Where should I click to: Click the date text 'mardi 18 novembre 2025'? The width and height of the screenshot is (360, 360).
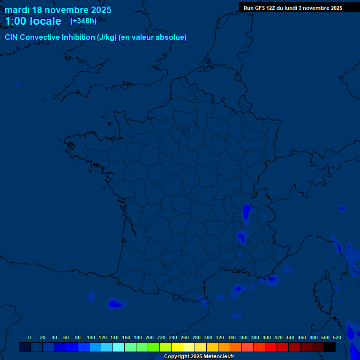pos(58,10)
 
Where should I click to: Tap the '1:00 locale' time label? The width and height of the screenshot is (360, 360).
pos(33,21)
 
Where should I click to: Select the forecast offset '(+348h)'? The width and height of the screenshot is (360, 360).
pos(83,21)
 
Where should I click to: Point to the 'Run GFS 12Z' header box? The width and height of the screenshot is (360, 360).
pos(292,8)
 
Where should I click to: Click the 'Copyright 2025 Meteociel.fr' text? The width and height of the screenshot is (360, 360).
pos(199,356)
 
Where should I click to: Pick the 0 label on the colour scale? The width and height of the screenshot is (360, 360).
pos(30,337)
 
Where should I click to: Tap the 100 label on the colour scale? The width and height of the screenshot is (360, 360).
pos(90,337)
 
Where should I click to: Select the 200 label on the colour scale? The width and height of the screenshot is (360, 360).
pos(149,337)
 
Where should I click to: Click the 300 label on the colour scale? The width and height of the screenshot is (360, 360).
pos(208,337)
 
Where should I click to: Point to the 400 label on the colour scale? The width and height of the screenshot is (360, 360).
pos(266,337)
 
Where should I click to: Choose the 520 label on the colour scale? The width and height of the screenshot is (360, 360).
pos(337,337)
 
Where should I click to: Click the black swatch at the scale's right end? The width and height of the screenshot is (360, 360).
pos(330,347)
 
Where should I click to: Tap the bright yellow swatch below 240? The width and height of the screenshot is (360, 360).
pos(177,347)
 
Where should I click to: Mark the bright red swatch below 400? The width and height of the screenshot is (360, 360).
pos(271,347)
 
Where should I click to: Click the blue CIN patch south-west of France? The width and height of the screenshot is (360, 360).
pos(114,304)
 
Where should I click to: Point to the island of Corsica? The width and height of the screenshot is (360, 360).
pos(323,291)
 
